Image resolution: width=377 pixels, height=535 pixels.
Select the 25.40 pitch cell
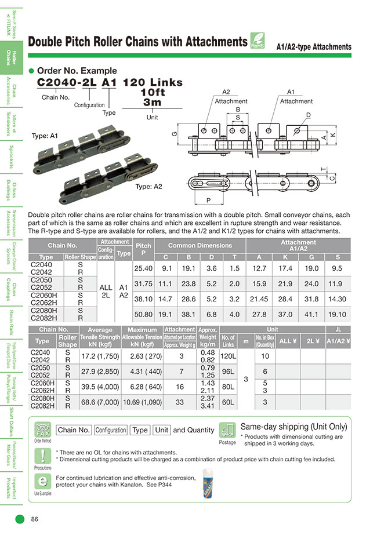(x=143, y=268)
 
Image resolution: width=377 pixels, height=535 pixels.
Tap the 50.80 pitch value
(x=143, y=314)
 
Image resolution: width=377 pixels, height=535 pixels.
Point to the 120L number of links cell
(x=229, y=356)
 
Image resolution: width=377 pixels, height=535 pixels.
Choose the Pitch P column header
(x=143, y=249)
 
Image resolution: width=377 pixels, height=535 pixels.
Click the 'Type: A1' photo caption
(x=45, y=136)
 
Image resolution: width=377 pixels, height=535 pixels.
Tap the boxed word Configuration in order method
(x=110, y=430)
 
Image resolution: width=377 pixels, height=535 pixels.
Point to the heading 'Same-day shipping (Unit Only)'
(x=293, y=427)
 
